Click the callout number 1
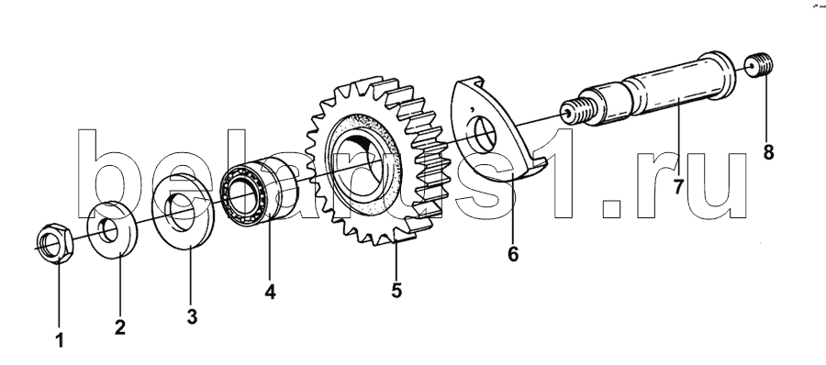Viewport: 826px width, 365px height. coord(60,340)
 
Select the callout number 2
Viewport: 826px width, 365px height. coord(120,327)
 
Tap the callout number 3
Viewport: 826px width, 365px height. coord(192,317)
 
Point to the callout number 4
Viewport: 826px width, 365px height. coord(270,292)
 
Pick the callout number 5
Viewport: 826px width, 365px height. coord(396,290)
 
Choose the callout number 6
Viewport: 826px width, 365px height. coord(512,254)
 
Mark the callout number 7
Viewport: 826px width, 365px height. coord(677,186)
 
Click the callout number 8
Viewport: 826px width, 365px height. coord(768,153)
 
